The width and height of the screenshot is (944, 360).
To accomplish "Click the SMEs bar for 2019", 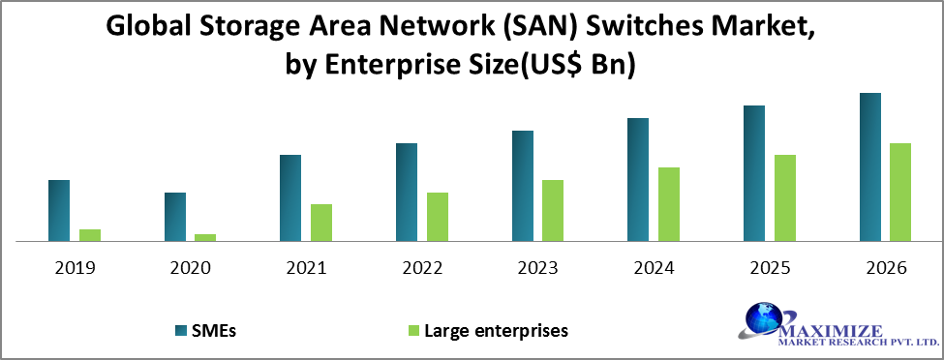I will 59,210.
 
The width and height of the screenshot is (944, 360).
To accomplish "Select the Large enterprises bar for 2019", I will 90,235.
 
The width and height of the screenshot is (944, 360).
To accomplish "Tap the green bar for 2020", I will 205,237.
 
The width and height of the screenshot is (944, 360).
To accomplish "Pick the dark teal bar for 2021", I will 290,197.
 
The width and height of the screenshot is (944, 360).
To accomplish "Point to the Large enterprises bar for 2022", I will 438,217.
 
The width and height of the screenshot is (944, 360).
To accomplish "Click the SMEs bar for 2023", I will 523,186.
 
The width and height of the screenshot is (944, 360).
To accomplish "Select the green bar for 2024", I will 669,204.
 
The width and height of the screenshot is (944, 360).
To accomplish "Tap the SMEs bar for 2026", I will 870,166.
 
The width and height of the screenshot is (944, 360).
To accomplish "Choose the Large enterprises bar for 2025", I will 785,197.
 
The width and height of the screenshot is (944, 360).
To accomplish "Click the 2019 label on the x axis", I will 76,268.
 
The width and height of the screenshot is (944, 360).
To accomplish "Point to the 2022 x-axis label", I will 422,268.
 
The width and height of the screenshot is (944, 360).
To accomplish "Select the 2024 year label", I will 654,268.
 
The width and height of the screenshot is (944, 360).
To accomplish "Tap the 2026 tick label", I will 885,268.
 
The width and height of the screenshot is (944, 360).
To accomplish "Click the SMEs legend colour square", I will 182,330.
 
